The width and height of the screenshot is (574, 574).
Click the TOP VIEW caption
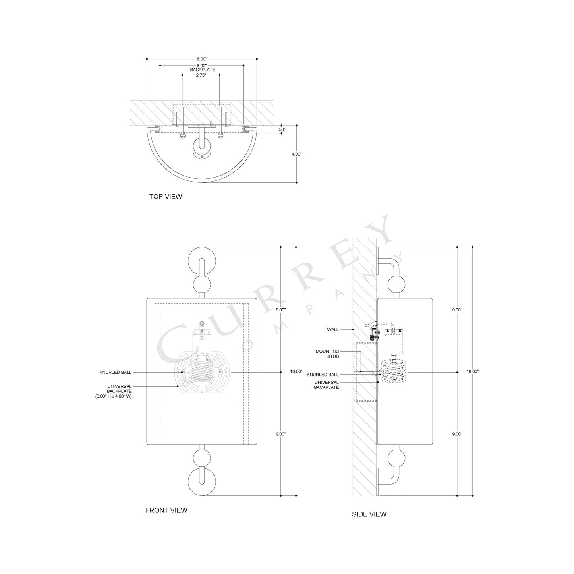(165, 196)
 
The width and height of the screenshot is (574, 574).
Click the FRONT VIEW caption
(166, 510)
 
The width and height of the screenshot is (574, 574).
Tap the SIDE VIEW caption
(369, 514)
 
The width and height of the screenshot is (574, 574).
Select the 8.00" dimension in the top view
(202, 59)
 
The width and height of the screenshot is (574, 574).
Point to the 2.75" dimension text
(201, 75)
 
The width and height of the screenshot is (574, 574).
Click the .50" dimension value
(282, 129)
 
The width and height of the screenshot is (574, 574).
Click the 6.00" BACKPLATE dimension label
(202, 68)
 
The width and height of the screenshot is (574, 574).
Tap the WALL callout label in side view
(333, 329)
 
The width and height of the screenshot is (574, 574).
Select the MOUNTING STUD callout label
(327, 354)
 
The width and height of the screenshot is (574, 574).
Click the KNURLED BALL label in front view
(115, 372)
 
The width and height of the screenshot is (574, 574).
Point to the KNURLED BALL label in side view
(323, 375)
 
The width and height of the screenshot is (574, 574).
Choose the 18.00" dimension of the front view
(296, 371)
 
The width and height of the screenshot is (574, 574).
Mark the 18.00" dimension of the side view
(472, 371)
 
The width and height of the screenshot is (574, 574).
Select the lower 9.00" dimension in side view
(457, 434)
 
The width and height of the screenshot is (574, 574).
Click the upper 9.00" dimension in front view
(281, 309)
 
